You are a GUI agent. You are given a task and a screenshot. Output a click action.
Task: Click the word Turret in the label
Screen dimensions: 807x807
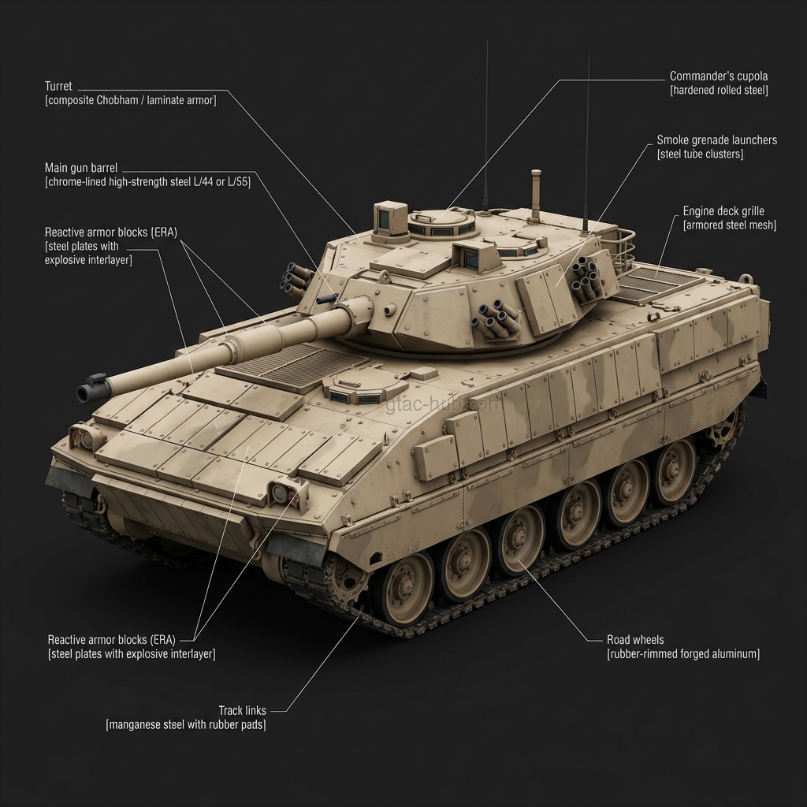[x=58, y=86]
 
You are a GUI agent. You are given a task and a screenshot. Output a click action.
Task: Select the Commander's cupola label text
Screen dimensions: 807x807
[x=718, y=76]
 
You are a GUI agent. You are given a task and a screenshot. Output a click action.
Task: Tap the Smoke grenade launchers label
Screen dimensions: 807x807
[x=716, y=140]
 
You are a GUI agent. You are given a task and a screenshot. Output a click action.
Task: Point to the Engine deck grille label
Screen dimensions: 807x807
[x=723, y=211]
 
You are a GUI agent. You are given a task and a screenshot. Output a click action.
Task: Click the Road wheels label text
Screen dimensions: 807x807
[x=635, y=640]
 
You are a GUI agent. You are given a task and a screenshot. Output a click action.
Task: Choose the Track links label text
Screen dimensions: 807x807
[x=242, y=711]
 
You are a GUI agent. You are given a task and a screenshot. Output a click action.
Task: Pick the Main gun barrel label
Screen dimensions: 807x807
[x=81, y=168]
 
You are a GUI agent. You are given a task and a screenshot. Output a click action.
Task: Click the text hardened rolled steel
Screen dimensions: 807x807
[x=718, y=91]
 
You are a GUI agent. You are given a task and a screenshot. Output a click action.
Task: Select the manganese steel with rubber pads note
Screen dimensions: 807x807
[x=186, y=725]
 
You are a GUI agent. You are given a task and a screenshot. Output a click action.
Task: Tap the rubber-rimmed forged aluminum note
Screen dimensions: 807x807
[x=682, y=654]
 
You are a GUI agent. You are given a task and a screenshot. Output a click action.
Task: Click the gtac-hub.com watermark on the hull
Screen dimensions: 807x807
[x=444, y=405]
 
